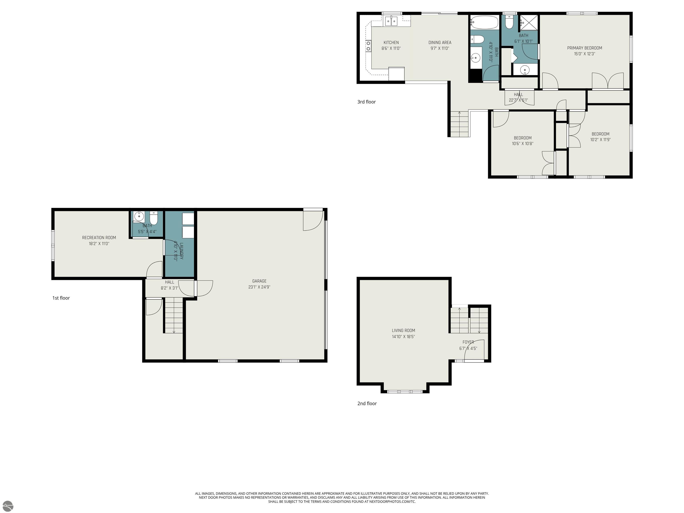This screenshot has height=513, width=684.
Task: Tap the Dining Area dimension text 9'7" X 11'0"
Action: tap(440, 49)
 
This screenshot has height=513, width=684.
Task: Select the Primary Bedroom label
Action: tap(584, 48)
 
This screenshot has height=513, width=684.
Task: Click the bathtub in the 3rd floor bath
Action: tap(484, 22)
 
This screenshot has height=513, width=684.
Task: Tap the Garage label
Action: tap(259, 281)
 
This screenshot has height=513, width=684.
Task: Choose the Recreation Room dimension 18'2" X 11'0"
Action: tap(99, 244)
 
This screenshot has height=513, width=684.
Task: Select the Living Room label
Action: tap(403, 331)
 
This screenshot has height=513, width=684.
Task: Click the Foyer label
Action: tap(468, 342)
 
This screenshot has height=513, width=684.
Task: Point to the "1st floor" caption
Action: tap(61, 298)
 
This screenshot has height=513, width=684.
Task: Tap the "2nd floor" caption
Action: tap(367, 403)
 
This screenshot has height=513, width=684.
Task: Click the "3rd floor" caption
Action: tap(366, 102)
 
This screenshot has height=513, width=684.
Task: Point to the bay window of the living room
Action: tap(405, 391)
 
